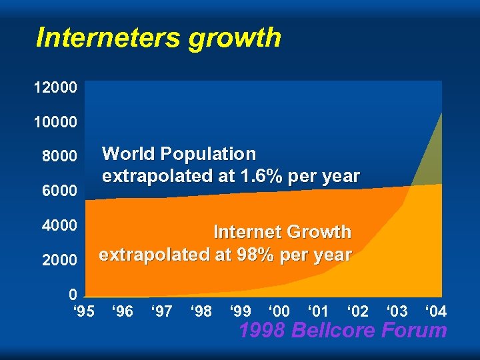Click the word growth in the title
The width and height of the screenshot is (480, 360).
click(235, 39)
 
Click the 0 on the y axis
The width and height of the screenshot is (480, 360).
click(73, 293)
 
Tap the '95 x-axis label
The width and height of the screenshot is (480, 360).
click(83, 311)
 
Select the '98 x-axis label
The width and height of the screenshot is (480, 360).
click(202, 311)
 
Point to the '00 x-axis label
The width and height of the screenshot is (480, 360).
click(279, 311)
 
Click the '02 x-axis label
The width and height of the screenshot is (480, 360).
click(358, 311)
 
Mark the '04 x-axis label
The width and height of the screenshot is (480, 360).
click(435, 311)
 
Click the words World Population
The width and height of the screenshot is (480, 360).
click(179, 154)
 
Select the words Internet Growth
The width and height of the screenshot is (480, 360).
click(282, 232)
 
